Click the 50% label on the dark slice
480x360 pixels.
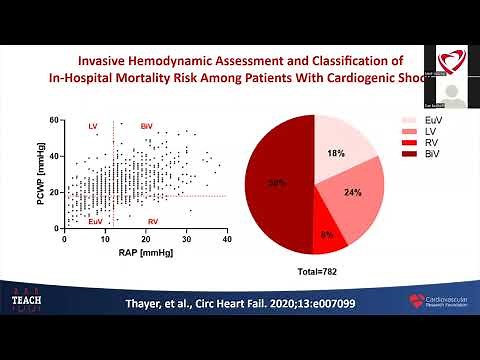277,183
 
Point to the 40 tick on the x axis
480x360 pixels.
227,240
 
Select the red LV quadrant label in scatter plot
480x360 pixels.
94,127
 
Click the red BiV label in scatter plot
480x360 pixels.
147,127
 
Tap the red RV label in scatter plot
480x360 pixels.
152,221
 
